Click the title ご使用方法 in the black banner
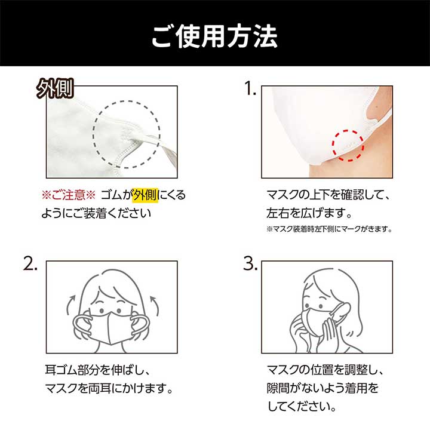214,36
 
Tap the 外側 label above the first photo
55,88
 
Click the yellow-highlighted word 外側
145,195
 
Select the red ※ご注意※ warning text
68,195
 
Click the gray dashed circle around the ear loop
93,134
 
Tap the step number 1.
250,88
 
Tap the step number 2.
30,263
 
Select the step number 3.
251,263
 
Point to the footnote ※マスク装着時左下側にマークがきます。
329,229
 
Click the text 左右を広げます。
309,213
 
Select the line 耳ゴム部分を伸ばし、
97,370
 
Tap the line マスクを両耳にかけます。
109,388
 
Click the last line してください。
302,406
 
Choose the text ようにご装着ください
96,213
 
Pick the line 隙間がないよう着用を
322,388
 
